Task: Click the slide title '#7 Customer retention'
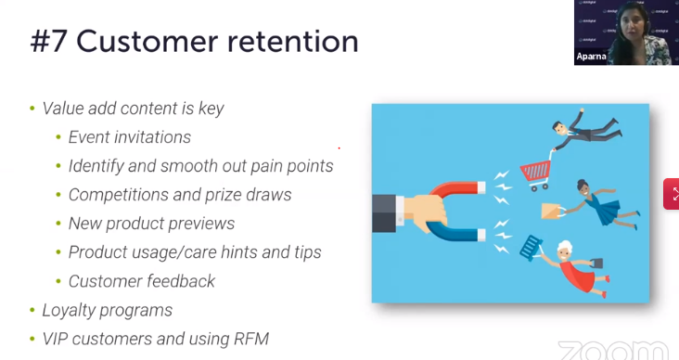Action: coord(194,42)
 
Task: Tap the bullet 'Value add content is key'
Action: coord(133,108)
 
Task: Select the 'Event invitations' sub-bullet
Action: coord(129,137)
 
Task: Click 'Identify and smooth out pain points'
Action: coord(200,166)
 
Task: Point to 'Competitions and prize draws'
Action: coord(180,195)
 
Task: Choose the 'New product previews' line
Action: coord(151,224)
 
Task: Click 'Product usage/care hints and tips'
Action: coord(195,252)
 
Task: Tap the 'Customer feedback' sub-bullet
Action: coord(141,281)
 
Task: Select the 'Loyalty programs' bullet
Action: coord(107,310)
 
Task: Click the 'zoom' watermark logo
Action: coord(613,349)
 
